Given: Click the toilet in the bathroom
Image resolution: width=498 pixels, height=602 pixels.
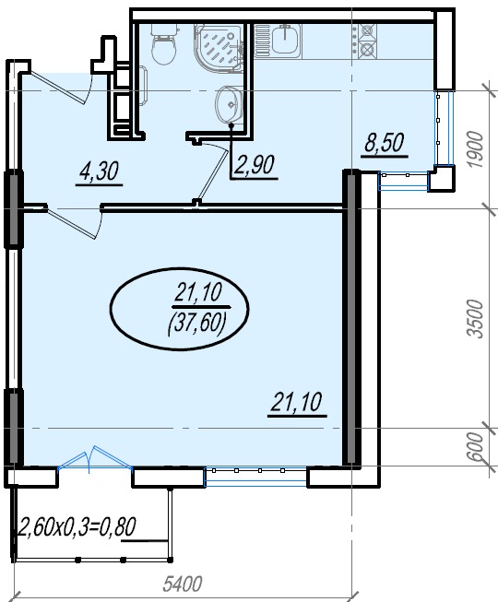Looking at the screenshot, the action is pyautogui.click(x=164, y=43).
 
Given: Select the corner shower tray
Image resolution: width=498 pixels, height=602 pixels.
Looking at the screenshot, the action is pyautogui.click(x=218, y=48).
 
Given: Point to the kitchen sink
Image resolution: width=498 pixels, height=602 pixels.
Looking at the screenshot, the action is pyautogui.click(x=278, y=41).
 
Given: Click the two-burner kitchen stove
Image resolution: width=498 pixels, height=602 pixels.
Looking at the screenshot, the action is pyautogui.click(x=367, y=41).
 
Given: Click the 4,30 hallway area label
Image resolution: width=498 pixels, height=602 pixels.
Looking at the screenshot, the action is pyautogui.click(x=99, y=171).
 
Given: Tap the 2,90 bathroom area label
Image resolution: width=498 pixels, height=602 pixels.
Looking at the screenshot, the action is pyautogui.click(x=255, y=166).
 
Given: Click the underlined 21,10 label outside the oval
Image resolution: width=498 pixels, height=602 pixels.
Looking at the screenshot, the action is pyautogui.click(x=296, y=402).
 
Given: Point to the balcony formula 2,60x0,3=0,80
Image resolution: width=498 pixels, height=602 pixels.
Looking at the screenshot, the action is pyautogui.click(x=77, y=526).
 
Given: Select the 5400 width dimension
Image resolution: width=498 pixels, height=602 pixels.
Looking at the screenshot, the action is pyautogui.click(x=182, y=584).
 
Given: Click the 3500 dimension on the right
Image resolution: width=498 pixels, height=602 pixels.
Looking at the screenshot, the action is pyautogui.click(x=475, y=319).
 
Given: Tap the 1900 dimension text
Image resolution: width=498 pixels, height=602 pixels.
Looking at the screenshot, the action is pyautogui.click(x=475, y=149).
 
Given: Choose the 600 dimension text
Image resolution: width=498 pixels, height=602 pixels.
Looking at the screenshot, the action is pyautogui.click(x=475, y=446).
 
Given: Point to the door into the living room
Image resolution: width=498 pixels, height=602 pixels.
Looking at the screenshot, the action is pyautogui.click(x=74, y=223).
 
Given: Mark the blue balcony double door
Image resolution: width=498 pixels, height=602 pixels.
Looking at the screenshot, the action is pyautogui.click(x=94, y=458).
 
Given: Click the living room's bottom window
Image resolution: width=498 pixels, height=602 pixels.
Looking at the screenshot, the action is pyautogui.click(x=256, y=477).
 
